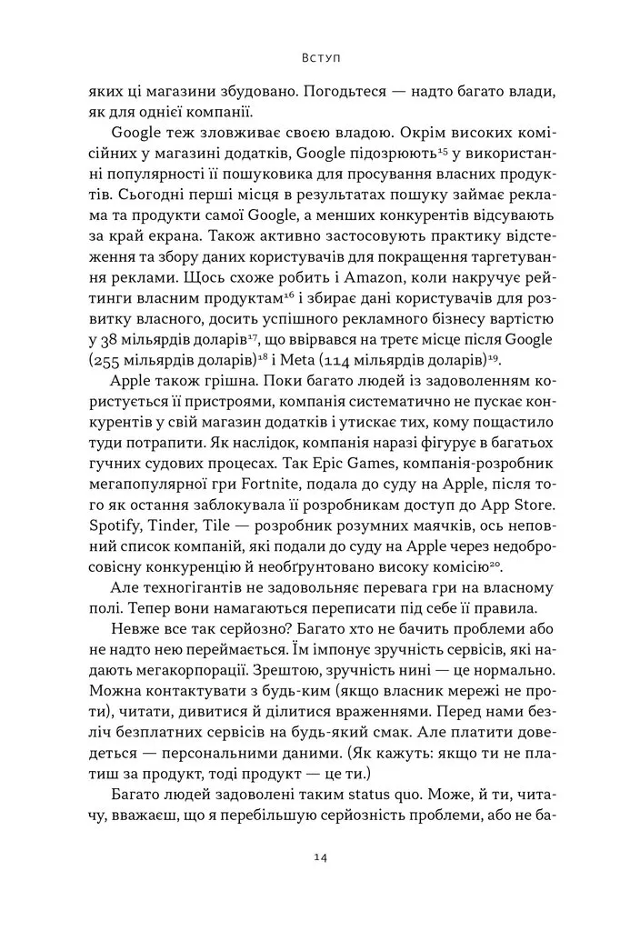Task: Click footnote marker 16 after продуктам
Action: (235, 293)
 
